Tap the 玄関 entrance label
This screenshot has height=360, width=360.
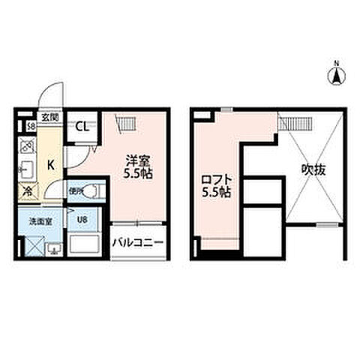[x=49, y=116]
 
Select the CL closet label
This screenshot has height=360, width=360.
[x=83, y=125]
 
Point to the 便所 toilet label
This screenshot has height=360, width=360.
[x=76, y=192]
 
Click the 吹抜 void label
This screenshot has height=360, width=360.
[x=313, y=169]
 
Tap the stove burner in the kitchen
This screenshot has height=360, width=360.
[x=27, y=144]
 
